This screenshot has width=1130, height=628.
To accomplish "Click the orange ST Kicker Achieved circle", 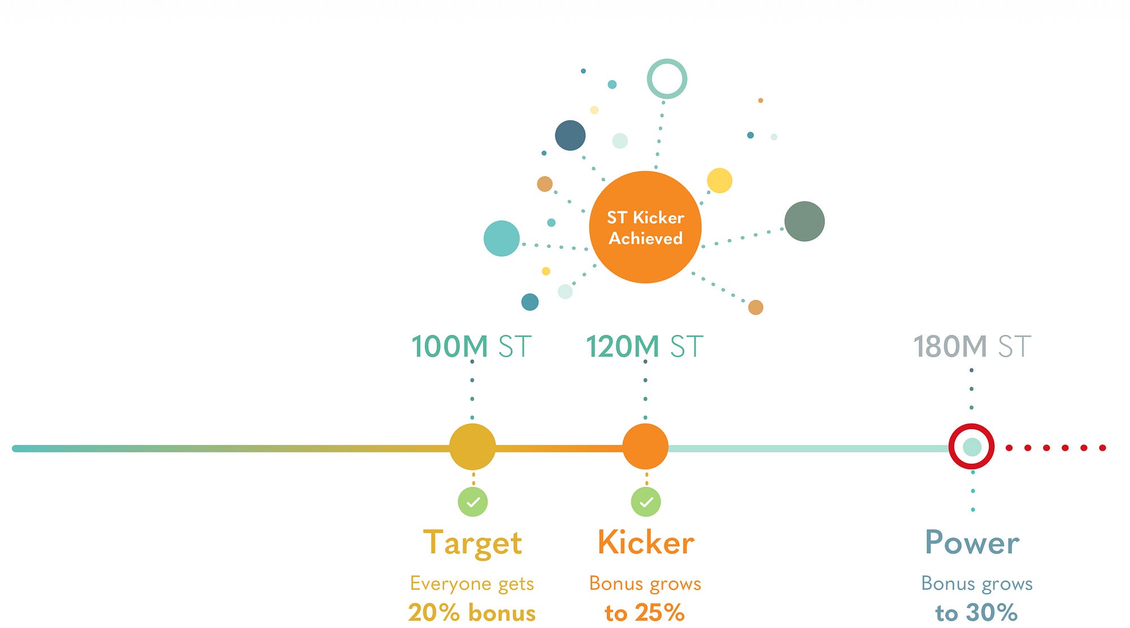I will point(645,227).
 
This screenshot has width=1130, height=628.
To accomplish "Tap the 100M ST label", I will point(471,346).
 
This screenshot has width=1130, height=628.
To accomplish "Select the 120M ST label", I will point(645,346).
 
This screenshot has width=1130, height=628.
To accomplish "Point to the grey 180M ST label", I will point(972,346).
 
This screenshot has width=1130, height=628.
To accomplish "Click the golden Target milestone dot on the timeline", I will point(472,447).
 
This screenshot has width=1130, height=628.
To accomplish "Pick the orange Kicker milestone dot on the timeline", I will point(645,447).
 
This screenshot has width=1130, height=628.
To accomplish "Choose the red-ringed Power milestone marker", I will point(971,446).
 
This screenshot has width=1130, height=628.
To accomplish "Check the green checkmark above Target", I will point(473,501).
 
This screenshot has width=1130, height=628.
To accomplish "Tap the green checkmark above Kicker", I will point(646,501).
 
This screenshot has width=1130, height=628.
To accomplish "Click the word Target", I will point(472,543).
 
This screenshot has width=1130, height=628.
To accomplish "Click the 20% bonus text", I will point(472,613).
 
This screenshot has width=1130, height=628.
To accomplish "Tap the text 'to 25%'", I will point(645,613).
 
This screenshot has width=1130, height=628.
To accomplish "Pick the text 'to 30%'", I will point(976,613).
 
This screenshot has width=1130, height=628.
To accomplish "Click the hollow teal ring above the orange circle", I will point(667,78).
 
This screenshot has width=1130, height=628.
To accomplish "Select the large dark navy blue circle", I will point(570,136).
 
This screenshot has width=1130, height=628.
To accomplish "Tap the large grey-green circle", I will point(805,221).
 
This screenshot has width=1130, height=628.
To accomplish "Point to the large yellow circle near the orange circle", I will point(719,181).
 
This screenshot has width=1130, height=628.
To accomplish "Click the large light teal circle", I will point(502,238).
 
